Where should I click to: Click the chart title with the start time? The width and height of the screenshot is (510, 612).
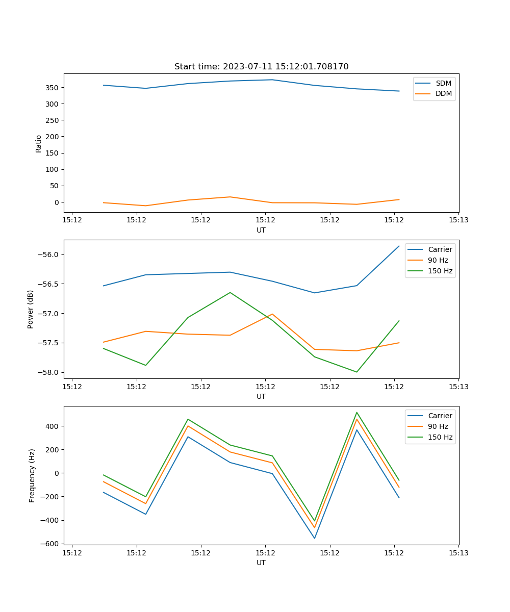261,67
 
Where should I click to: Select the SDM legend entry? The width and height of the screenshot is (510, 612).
443,83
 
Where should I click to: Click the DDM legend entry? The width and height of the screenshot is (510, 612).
443,93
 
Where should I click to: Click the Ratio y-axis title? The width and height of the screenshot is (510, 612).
39,143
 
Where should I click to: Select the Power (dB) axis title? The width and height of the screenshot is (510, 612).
31,309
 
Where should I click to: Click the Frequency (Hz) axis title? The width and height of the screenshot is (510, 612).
32,475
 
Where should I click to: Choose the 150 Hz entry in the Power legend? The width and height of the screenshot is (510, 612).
440,271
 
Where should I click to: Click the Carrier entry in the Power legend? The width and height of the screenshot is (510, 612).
440,249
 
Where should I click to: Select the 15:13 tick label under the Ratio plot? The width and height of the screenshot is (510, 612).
458,220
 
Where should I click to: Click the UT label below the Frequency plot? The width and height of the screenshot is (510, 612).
261,563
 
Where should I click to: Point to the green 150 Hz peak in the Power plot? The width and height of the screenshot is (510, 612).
230,292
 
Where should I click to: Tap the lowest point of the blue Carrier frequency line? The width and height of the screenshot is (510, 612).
314,538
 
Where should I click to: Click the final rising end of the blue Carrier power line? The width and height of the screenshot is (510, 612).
399,246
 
